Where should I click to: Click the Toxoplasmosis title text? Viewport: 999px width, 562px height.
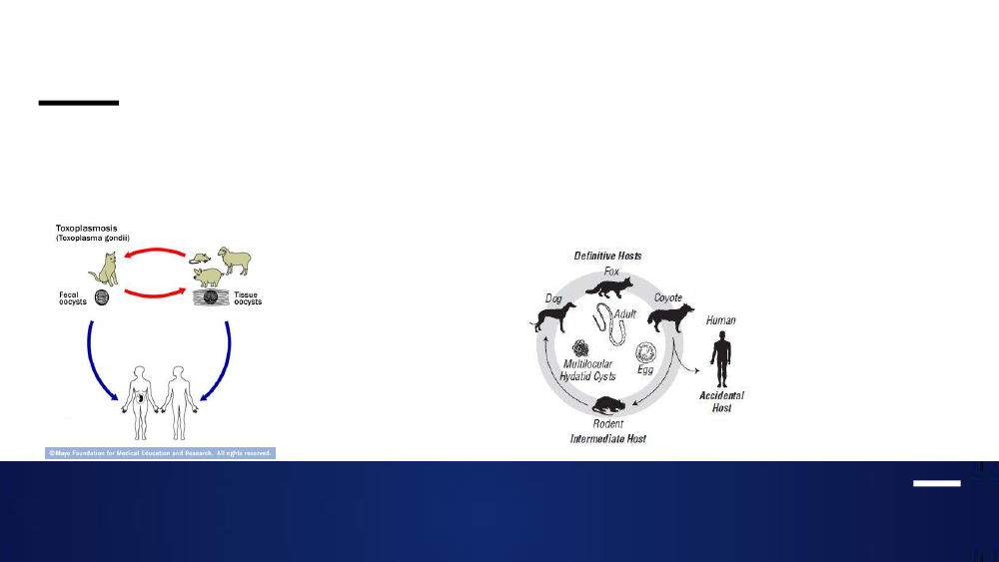(x=87, y=228)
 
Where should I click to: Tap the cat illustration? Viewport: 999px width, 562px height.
(x=104, y=270)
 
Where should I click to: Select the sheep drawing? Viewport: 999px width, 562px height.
(x=235, y=261)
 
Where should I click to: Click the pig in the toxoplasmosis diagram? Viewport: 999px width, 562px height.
(x=209, y=278)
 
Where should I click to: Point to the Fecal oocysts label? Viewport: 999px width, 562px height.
(x=73, y=297)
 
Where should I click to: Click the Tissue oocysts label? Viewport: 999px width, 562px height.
(x=247, y=297)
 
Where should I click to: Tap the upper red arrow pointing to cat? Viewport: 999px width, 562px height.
(x=155, y=252)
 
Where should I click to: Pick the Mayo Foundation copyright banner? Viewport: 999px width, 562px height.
(x=160, y=453)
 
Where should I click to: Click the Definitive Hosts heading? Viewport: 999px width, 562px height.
(x=607, y=256)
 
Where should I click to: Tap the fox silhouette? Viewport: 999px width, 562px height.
(x=609, y=287)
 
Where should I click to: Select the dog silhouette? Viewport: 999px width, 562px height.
(x=553, y=317)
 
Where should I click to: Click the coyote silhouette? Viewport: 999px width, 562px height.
(x=670, y=317)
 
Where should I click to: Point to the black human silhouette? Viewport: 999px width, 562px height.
(x=721, y=359)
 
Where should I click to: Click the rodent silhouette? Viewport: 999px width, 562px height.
(x=608, y=405)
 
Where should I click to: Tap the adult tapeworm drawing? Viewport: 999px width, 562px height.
(x=609, y=323)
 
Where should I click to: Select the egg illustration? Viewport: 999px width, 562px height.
(x=646, y=352)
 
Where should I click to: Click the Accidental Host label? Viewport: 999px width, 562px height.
(x=722, y=401)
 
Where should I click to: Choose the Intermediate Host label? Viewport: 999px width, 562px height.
(x=607, y=438)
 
